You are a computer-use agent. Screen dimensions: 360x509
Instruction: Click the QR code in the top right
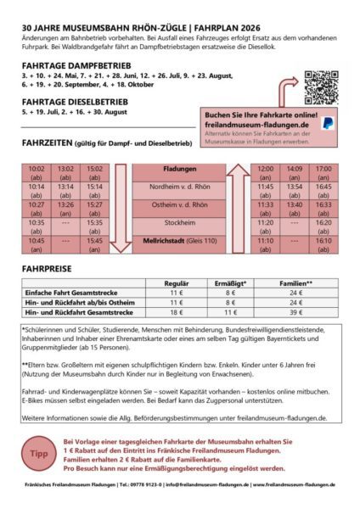[322, 87]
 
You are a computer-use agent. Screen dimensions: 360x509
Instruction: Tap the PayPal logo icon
[328, 123]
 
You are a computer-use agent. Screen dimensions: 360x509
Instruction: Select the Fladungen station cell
[180, 169]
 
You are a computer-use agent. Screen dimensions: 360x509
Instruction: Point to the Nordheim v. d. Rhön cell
[180, 187]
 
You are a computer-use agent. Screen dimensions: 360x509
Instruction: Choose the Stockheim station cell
[180, 222]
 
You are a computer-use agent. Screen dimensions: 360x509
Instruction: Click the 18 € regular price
[176, 312]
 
